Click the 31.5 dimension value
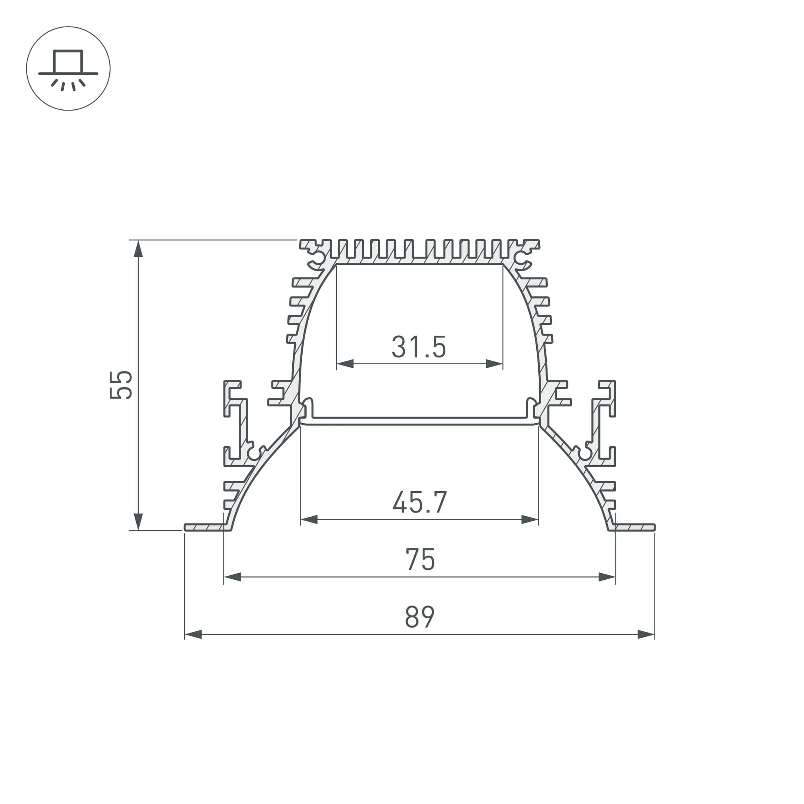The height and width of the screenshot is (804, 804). [x=418, y=347]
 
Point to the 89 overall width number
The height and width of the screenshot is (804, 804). [x=419, y=617]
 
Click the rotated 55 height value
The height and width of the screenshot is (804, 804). [x=121, y=385]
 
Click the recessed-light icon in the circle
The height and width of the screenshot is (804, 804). [x=68, y=69]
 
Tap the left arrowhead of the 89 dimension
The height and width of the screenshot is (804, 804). [x=193, y=635]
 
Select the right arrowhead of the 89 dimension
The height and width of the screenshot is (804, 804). [x=646, y=635]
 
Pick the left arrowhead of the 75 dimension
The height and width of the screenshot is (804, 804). [x=233, y=577]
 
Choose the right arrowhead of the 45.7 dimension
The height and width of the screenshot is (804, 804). [x=530, y=519]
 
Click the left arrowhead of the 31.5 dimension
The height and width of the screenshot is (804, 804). [x=345, y=364]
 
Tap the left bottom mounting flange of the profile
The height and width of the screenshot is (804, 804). [x=206, y=528]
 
